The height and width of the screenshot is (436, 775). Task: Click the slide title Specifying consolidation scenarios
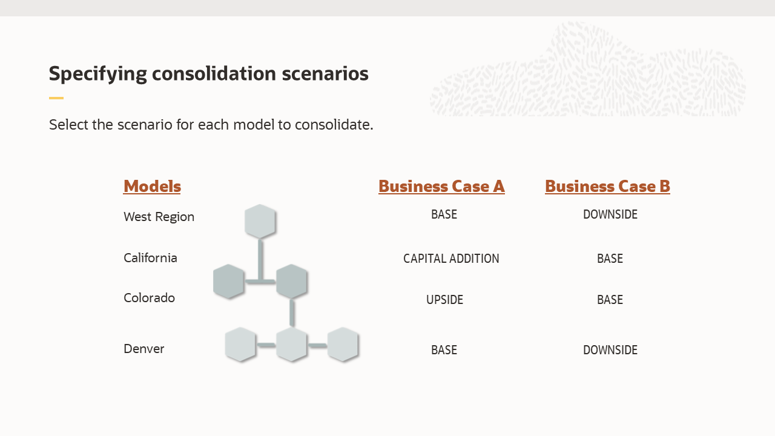coord(208,74)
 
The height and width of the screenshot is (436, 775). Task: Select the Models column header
coord(152,186)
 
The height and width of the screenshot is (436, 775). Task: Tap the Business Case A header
coord(441,186)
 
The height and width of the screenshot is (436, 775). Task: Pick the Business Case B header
coord(607,186)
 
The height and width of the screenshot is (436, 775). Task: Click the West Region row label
coord(159,217)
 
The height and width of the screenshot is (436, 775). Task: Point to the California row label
coord(150,258)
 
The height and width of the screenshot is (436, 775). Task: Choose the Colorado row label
coord(149,298)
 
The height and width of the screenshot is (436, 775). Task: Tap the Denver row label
coord(143,349)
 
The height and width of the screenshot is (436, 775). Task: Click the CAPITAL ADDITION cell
coord(451,259)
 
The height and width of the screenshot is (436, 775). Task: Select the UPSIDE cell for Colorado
coord(444,300)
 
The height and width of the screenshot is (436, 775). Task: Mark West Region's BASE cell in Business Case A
coord(444,214)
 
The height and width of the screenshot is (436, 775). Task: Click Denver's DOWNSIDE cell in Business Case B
coord(610,350)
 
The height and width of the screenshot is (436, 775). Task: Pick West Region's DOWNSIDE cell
coord(610,214)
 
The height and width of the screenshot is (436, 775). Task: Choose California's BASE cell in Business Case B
coord(610,259)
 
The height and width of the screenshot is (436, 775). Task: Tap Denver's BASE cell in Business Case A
coord(444,350)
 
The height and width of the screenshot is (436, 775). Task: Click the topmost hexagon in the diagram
coord(260,221)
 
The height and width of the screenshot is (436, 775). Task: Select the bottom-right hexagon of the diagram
coord(343,345)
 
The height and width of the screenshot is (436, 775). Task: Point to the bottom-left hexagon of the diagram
coord(240,345)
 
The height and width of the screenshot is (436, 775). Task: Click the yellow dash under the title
coord(56,98)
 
